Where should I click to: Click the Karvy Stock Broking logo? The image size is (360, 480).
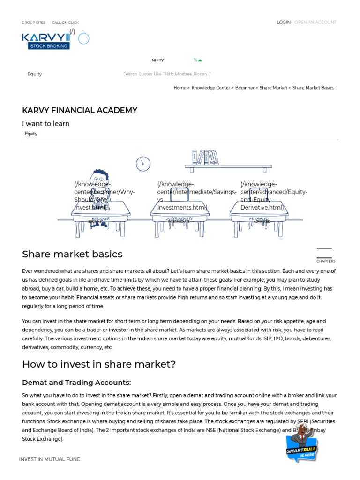tap(46, 40)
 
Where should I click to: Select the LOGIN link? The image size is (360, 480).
tap(284, 22)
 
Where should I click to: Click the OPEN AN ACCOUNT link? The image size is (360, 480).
tap(315, 22)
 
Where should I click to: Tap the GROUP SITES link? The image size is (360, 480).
tap(34, 22)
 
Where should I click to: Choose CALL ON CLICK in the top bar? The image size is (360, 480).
tap(65, 22)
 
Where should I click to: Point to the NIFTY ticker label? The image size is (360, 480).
tap(157, 60)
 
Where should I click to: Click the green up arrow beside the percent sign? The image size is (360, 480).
tap(200, 60)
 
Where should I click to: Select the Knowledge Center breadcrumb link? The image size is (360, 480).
tap(210, 88)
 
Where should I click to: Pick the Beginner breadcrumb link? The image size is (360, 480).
tap(245, 88)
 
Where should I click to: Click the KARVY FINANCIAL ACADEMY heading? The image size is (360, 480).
tap(80, 110)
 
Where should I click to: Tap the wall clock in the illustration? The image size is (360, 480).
tap(143, 164)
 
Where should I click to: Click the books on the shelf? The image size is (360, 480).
tap(205, 157)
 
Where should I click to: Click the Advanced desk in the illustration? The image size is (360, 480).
tap(259, 216)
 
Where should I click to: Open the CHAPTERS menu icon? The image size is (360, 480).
tap(324, 253)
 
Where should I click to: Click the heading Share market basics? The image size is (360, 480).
tap(72, 254)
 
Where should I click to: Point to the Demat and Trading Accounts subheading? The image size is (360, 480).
tap(76, 382)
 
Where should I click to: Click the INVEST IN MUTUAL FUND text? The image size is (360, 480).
tap(50, 459)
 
